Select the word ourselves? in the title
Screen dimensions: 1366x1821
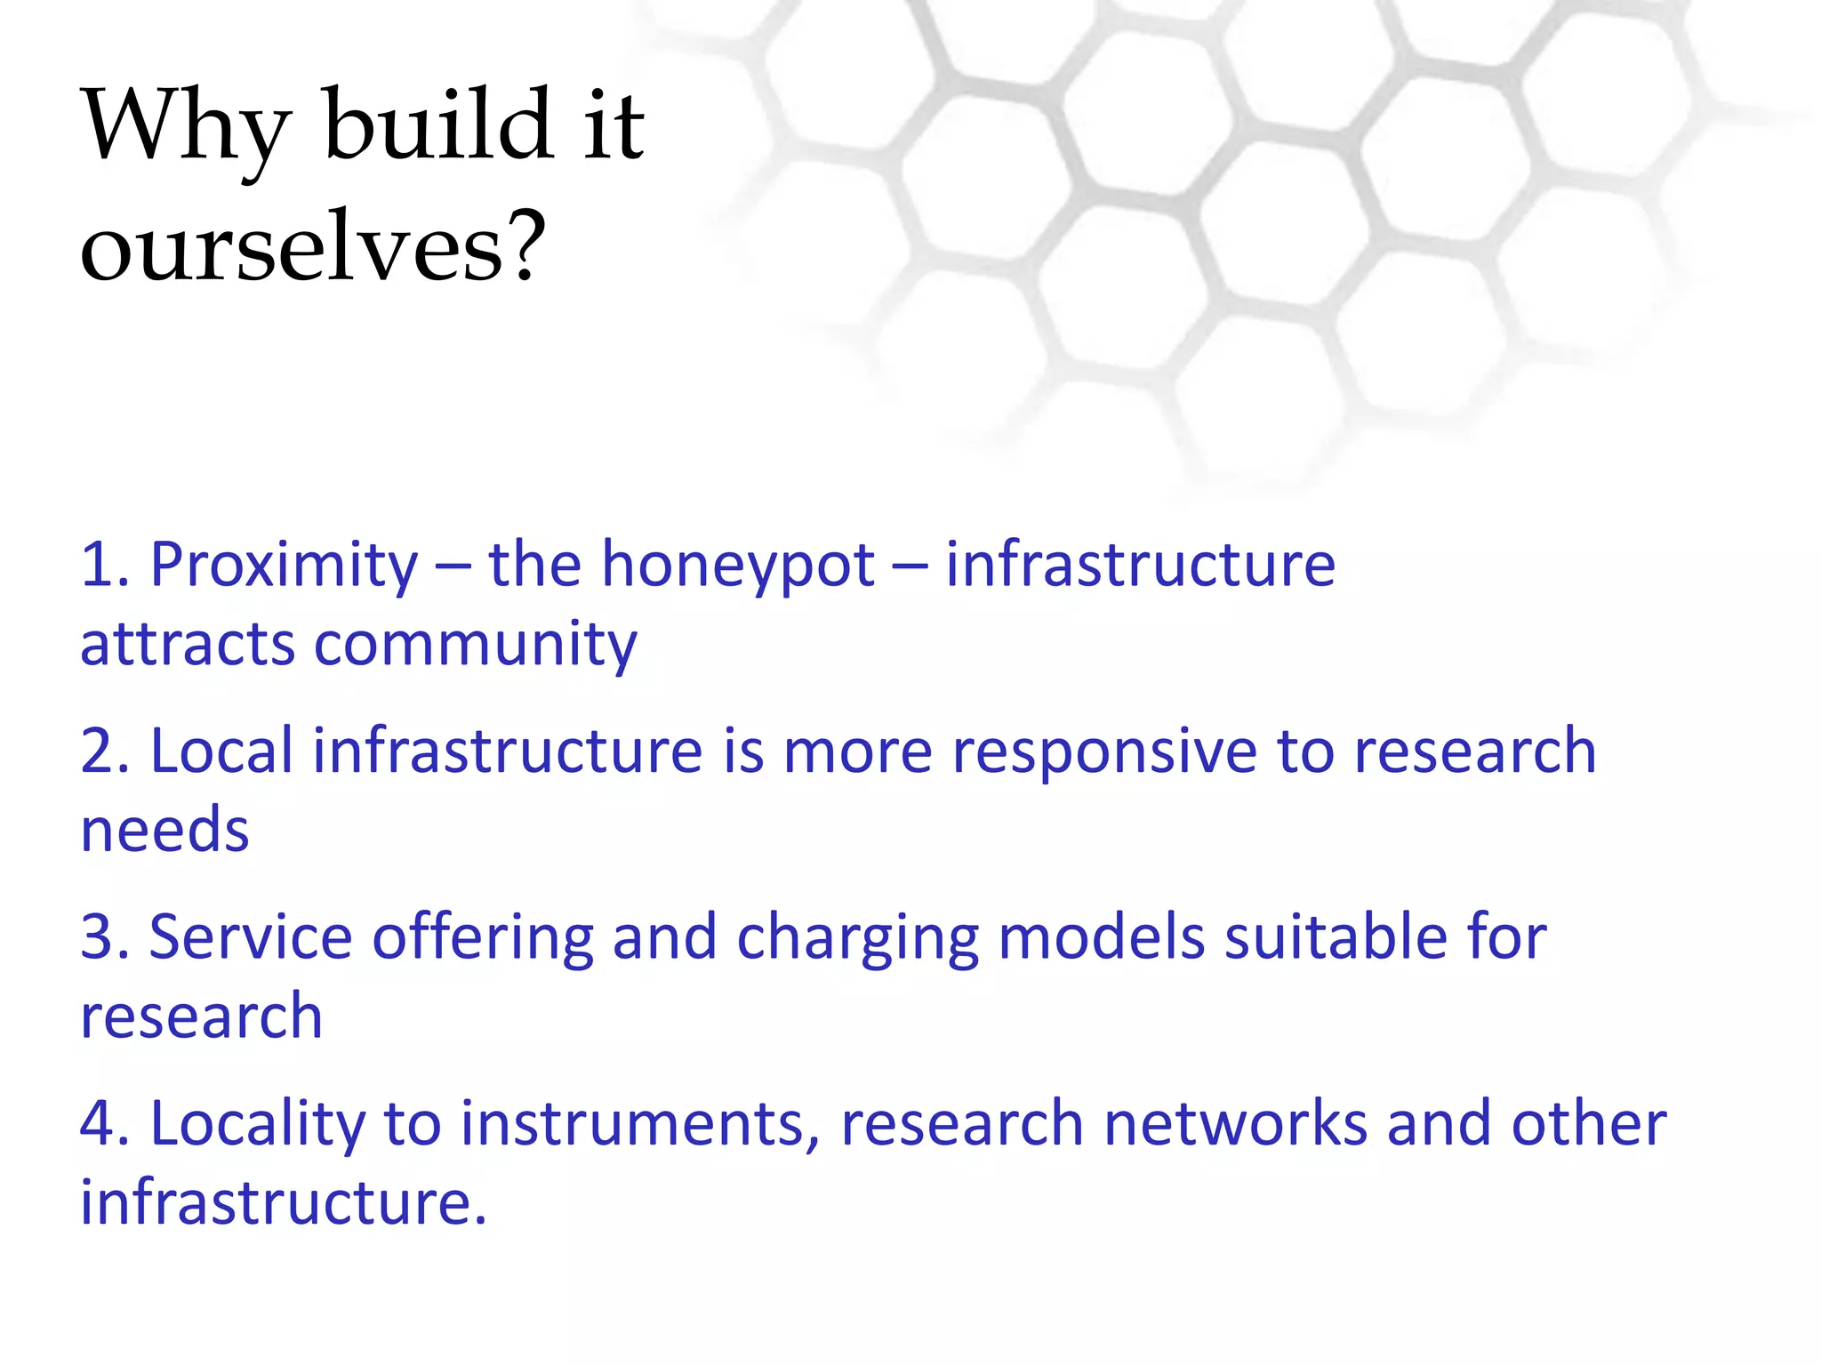[x=312, y=248]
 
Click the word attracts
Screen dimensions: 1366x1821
[x=187, y=645]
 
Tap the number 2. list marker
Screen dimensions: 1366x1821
[x=105, y=751]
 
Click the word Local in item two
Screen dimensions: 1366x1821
[x=221, y=751]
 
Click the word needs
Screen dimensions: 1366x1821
[x=164, y=831]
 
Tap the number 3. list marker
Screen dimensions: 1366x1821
[x=105, y=937]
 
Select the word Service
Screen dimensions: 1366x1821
[x=251, y=937]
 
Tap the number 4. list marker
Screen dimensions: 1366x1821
[x=105, y=1124]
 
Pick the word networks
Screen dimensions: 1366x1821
[x=1235, y=1124]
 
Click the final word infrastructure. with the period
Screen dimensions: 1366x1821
[x=284, y=1202]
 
